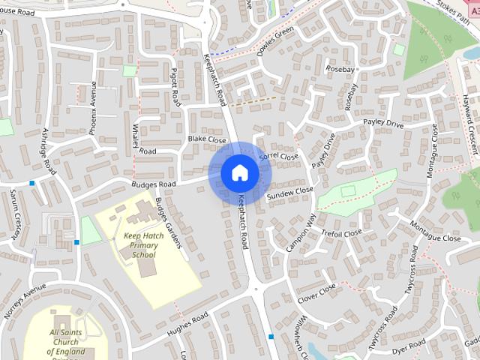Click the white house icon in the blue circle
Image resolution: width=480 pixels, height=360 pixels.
click(x=239, y=173)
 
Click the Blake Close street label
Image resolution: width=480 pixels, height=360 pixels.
click(x=206, y=139)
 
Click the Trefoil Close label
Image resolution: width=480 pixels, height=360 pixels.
click(x=341, y=233)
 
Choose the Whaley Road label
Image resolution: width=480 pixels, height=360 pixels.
click(x=144, y=139)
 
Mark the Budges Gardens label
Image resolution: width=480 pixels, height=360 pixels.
click(x=168, y=224)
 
